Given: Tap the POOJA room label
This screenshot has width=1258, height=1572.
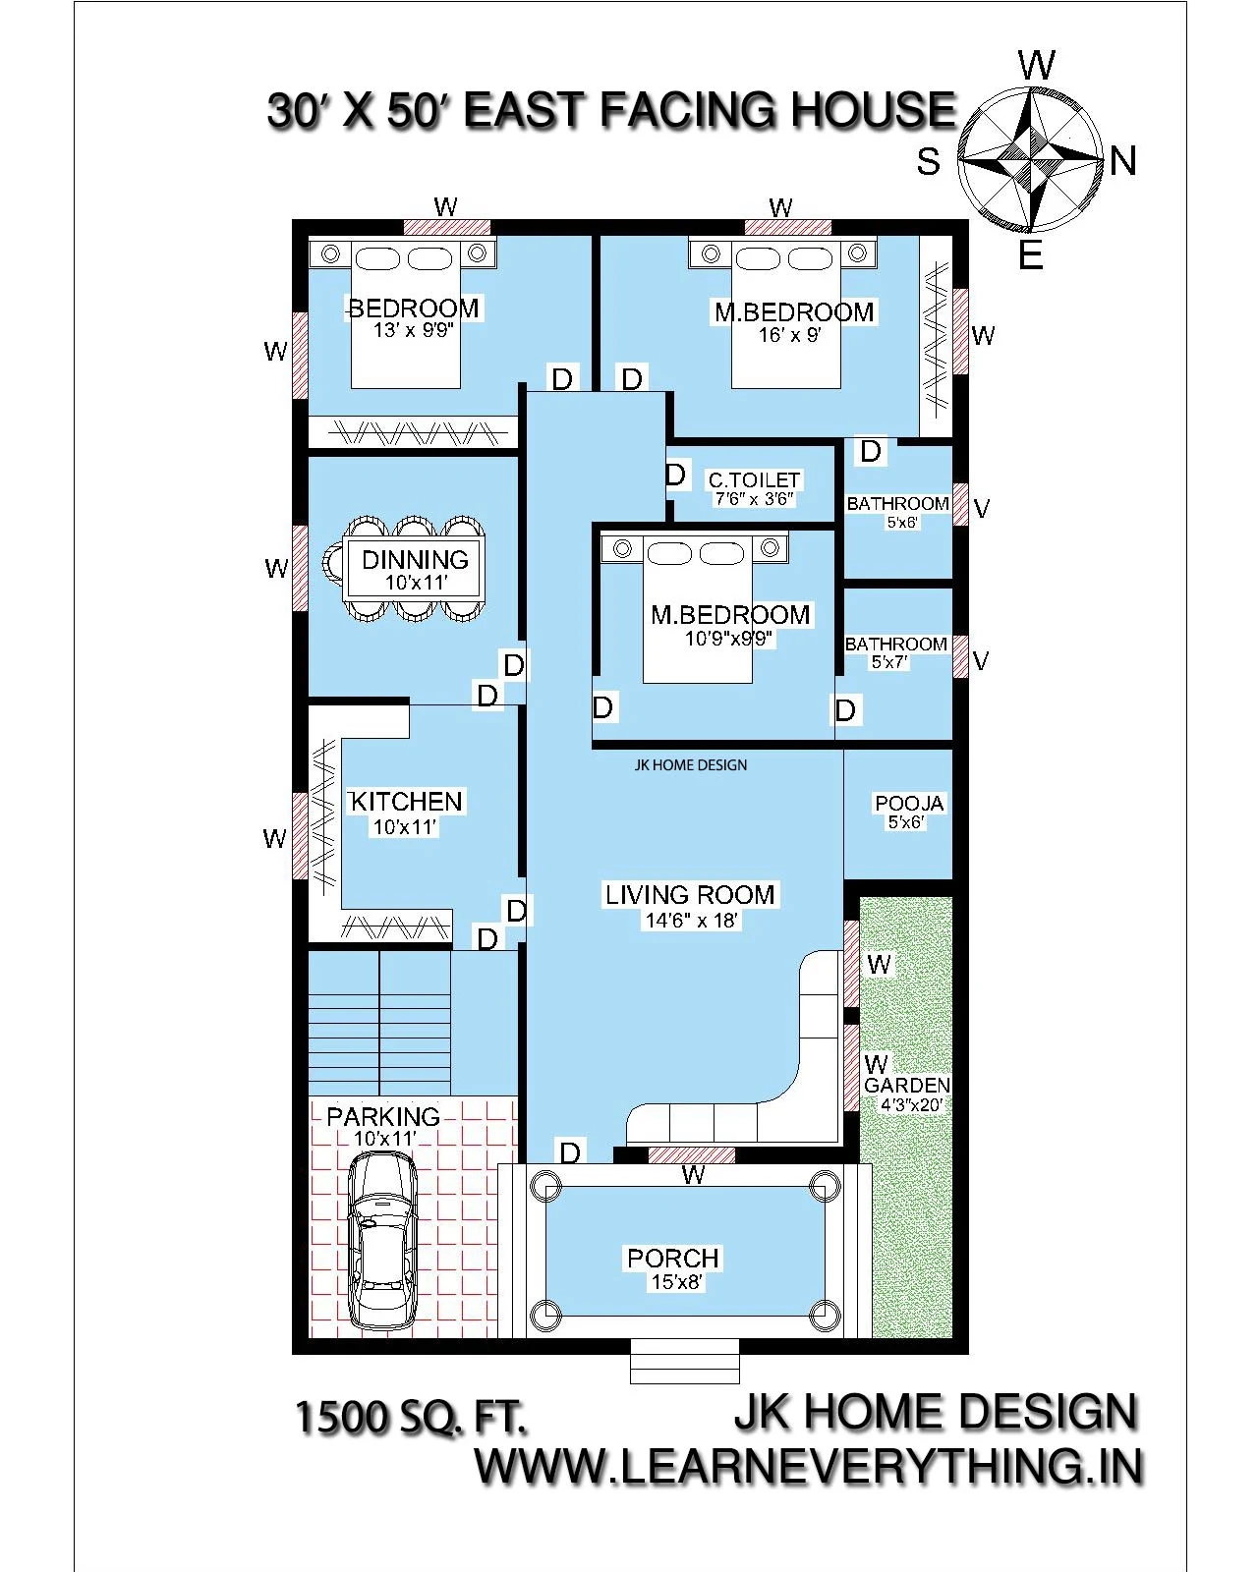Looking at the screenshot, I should tap(909, 804).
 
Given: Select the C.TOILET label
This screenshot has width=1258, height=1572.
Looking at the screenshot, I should tap(754, 480).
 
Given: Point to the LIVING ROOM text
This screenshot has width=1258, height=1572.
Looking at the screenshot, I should tap(690, 895).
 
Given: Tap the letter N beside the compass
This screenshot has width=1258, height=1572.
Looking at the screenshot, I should tap(1123, 161).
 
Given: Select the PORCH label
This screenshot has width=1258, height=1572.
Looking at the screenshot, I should tap(673, 1259).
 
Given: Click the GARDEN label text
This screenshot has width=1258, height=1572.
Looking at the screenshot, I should tap(907, 1086).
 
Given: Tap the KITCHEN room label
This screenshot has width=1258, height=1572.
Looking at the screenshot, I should tap(406, 802).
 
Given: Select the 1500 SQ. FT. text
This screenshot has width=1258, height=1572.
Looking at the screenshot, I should tap(411, 1418).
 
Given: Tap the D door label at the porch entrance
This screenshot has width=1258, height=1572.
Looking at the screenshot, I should tap(570, 1151).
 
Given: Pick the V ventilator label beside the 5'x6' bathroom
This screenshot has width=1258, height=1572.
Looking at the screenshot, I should tap(981, 509).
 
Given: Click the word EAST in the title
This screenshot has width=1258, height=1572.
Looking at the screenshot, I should tap(526, 110).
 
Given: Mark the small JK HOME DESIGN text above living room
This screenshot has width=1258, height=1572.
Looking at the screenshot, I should tap(690, 765).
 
